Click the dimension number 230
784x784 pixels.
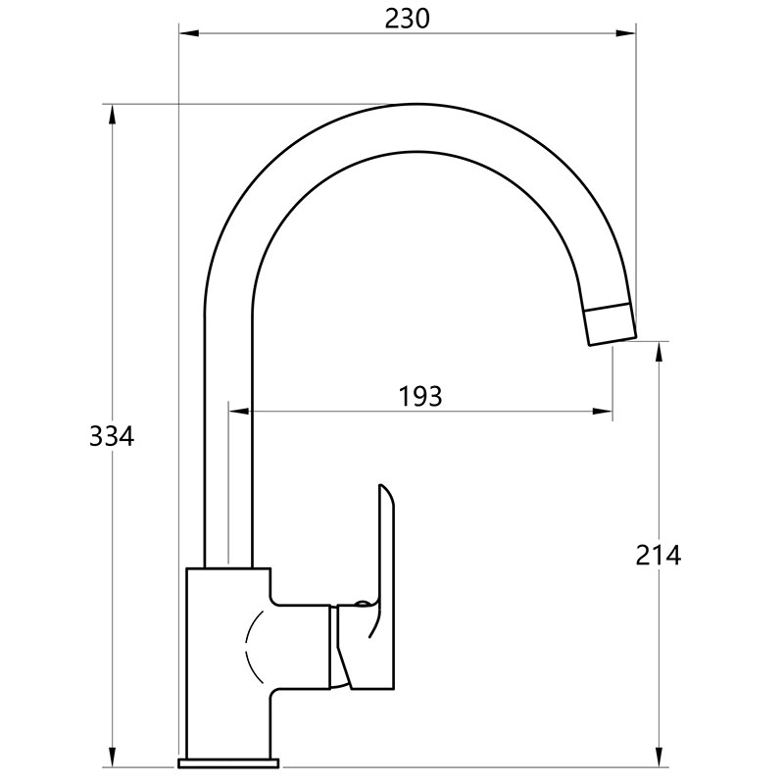407,19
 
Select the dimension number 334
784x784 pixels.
112,436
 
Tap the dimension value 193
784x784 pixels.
420,397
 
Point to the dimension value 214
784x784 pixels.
658,555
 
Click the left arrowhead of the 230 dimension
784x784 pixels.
189,33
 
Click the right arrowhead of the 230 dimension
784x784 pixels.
626,33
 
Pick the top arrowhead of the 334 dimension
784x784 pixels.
112,115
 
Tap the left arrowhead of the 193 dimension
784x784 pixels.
238,412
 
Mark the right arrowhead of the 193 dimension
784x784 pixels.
603,412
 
